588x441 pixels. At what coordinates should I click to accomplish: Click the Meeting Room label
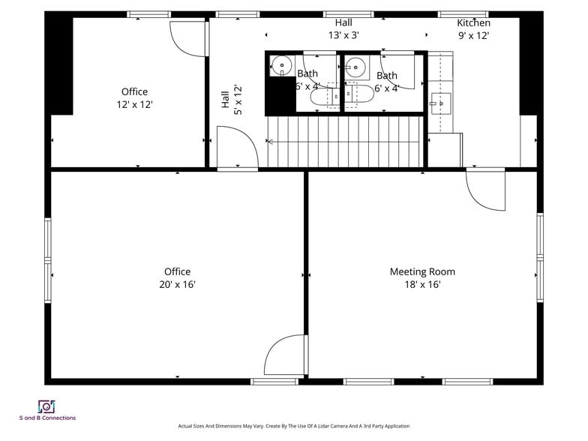tap(422, 271)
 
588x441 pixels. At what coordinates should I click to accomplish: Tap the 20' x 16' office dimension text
tap(177, 285)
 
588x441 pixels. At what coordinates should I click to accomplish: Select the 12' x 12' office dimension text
tap(134, 105)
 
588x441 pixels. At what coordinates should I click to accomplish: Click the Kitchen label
tap(474, 22)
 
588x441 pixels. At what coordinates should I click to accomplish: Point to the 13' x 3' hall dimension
tap(343, 35)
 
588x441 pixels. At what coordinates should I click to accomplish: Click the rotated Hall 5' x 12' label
tap(231, 99)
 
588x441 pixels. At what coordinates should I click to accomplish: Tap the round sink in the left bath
tap(281, 66)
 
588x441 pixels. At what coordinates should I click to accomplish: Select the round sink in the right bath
tap(355, 67)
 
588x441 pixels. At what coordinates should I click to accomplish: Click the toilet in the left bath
tap(323, 96)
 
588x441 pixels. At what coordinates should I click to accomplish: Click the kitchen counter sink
tap(441, 103)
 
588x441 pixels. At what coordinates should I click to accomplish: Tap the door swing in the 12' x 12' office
tap(188, 39)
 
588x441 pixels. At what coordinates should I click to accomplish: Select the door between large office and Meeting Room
tap(286, 354)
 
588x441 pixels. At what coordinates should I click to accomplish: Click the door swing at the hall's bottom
tap(238, 147)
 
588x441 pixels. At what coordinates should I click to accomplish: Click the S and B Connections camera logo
tap(46, 406)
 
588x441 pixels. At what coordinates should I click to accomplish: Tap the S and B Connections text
tap(48, 418)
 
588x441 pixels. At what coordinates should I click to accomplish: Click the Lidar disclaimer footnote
tap(294, 426)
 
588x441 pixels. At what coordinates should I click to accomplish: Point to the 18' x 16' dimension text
tap(422, 285)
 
